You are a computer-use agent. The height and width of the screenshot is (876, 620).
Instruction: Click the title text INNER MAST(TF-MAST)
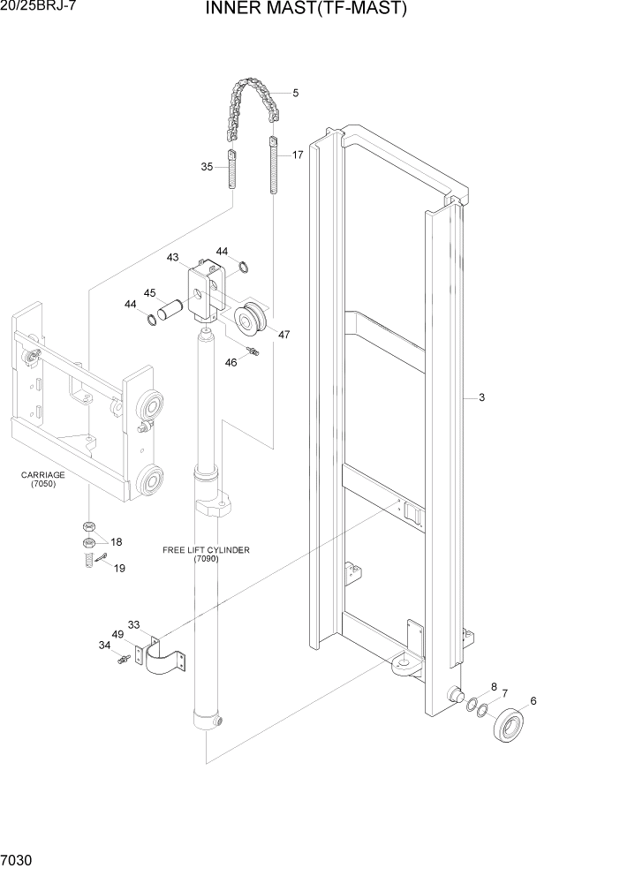[x=306, y=10]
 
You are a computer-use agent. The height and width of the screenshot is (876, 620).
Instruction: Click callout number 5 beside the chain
[x=295, y=93]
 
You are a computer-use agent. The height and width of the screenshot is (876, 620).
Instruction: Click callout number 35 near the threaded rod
[x=207, y=166]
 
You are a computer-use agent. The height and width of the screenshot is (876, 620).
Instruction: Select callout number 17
[x=298, y=155]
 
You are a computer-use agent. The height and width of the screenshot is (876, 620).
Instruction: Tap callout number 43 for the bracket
[x=172, y=257]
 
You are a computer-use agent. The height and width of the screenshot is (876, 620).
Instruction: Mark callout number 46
[x=231, y=362]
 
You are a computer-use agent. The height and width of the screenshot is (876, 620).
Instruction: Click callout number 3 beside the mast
[x=481, y=397]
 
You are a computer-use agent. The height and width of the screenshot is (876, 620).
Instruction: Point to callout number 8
[x=494, y=685]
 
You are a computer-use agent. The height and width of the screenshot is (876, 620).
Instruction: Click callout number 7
[x=504, y=693]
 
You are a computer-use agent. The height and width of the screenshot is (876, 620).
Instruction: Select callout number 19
[x=119, y=568]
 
